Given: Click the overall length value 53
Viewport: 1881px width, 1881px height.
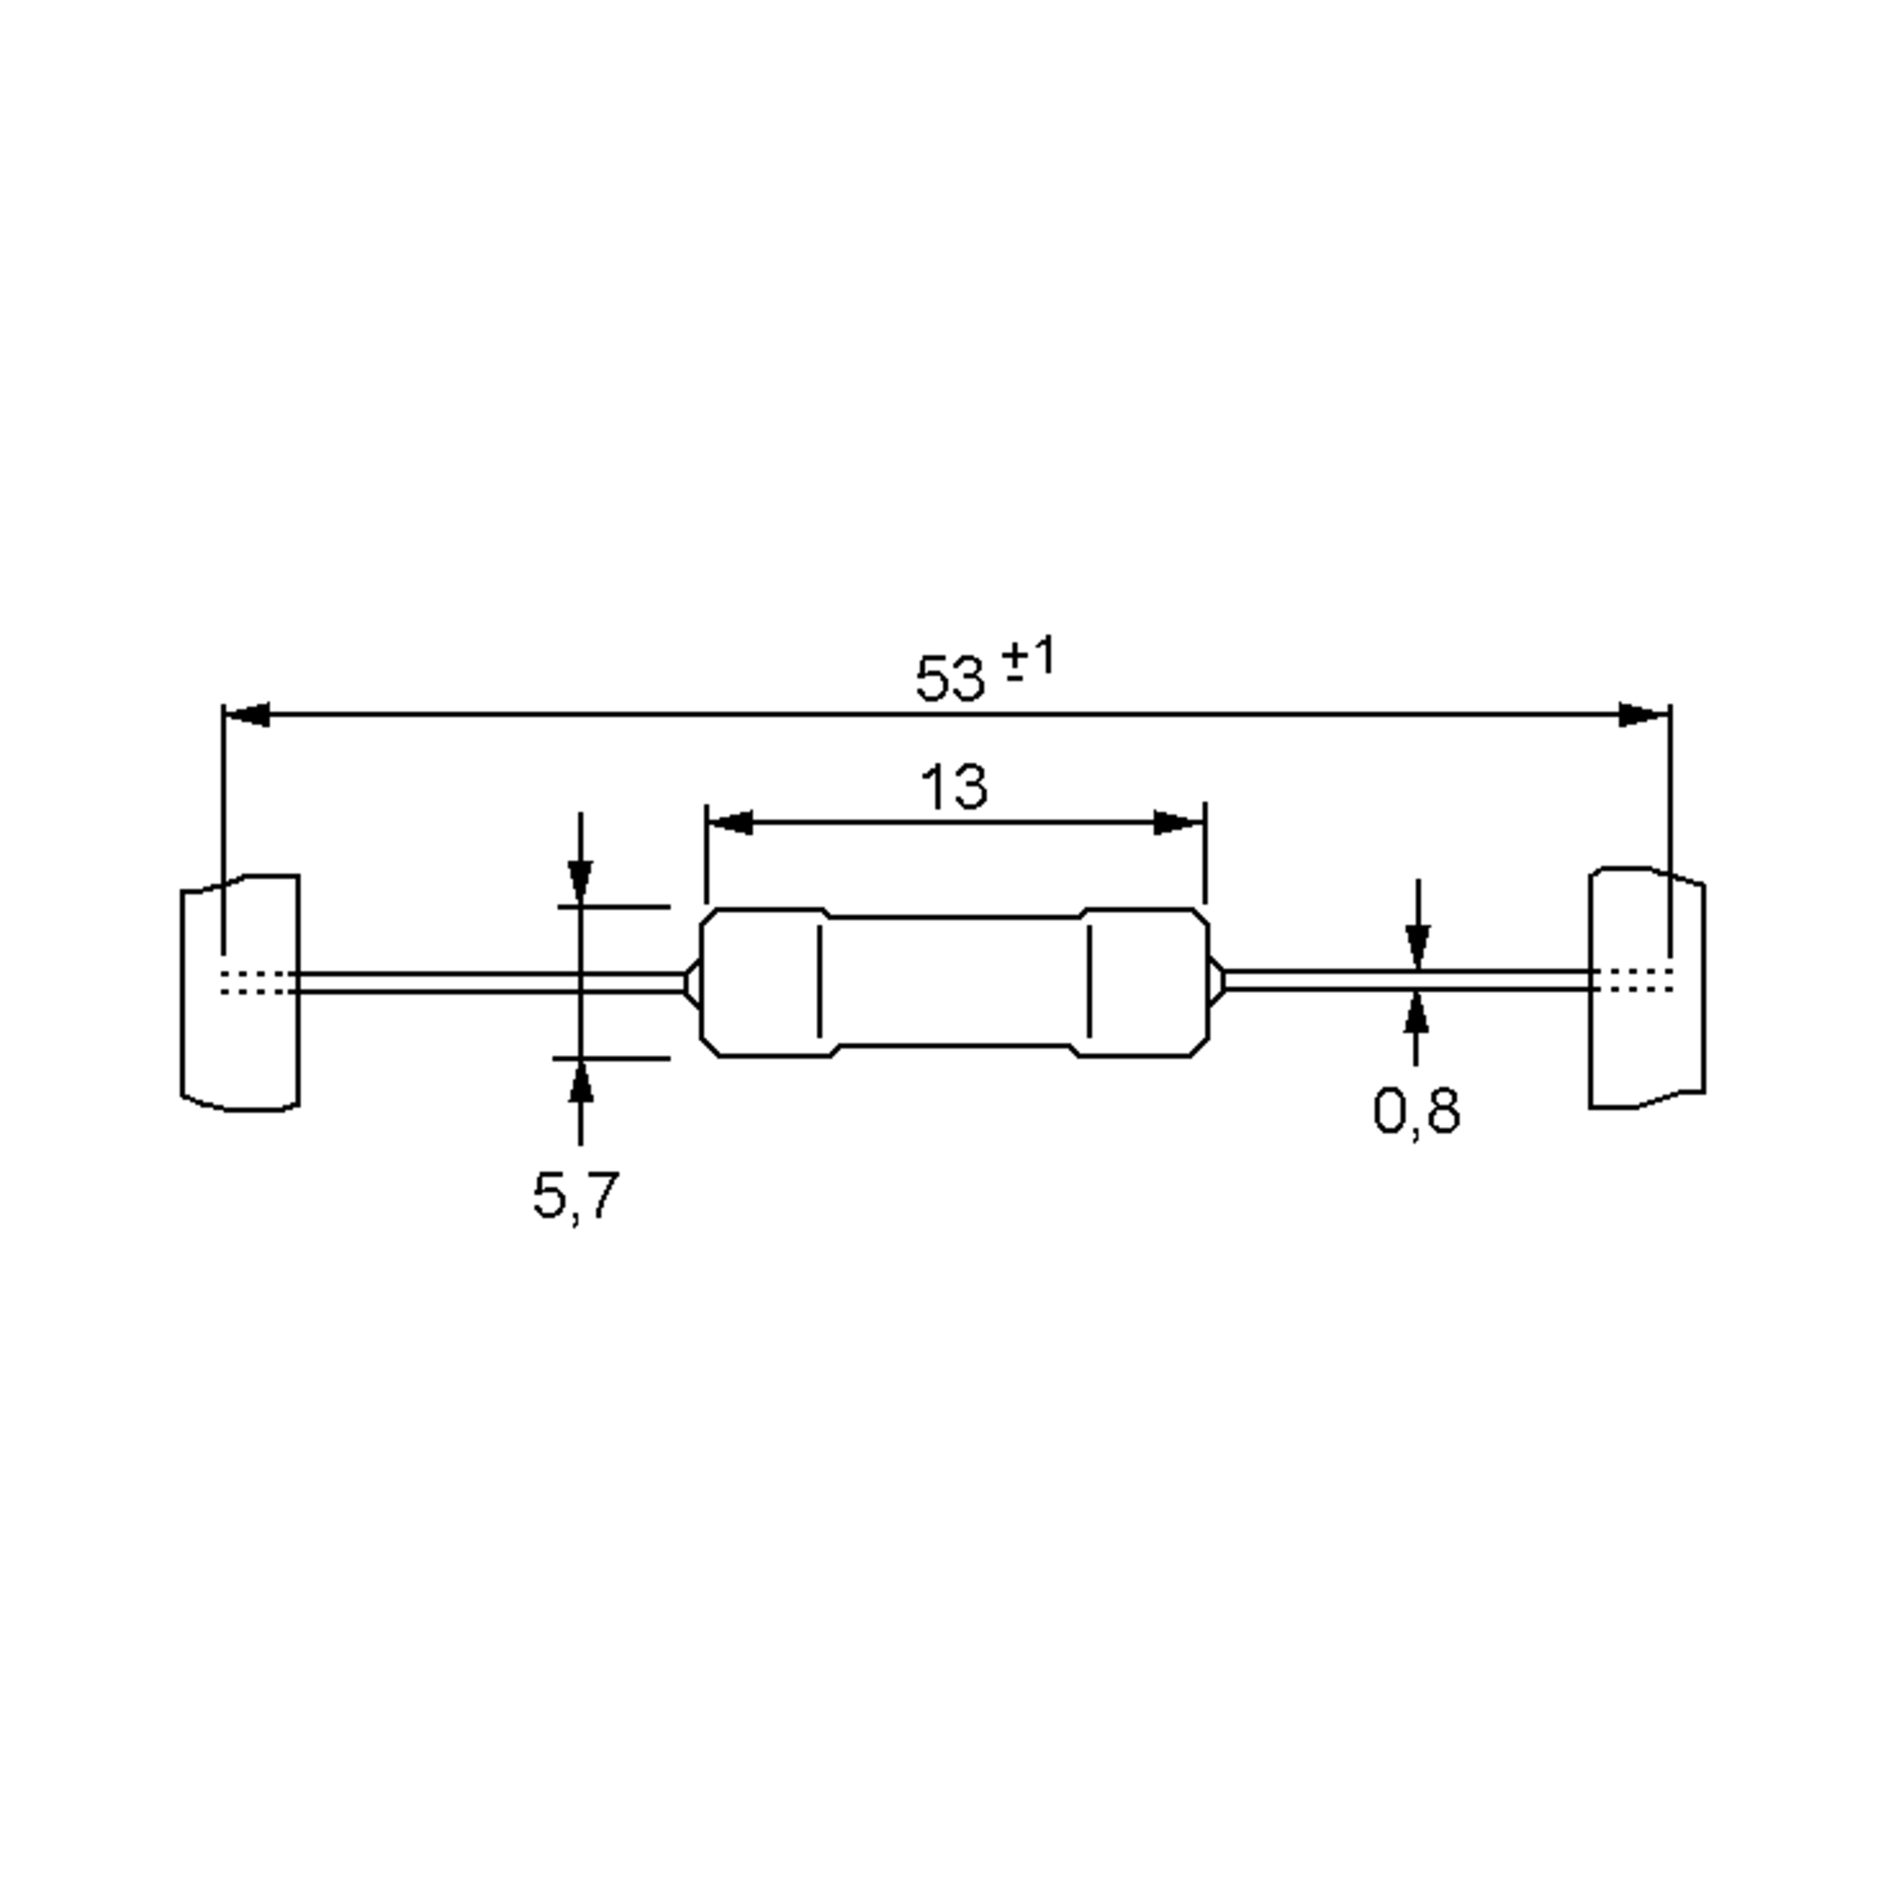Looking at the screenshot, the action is (x=950, y=679).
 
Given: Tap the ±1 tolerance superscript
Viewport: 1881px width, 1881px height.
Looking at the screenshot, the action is (x=1029, y=659).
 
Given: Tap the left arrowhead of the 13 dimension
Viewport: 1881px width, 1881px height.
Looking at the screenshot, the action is (x=730, y=823).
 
